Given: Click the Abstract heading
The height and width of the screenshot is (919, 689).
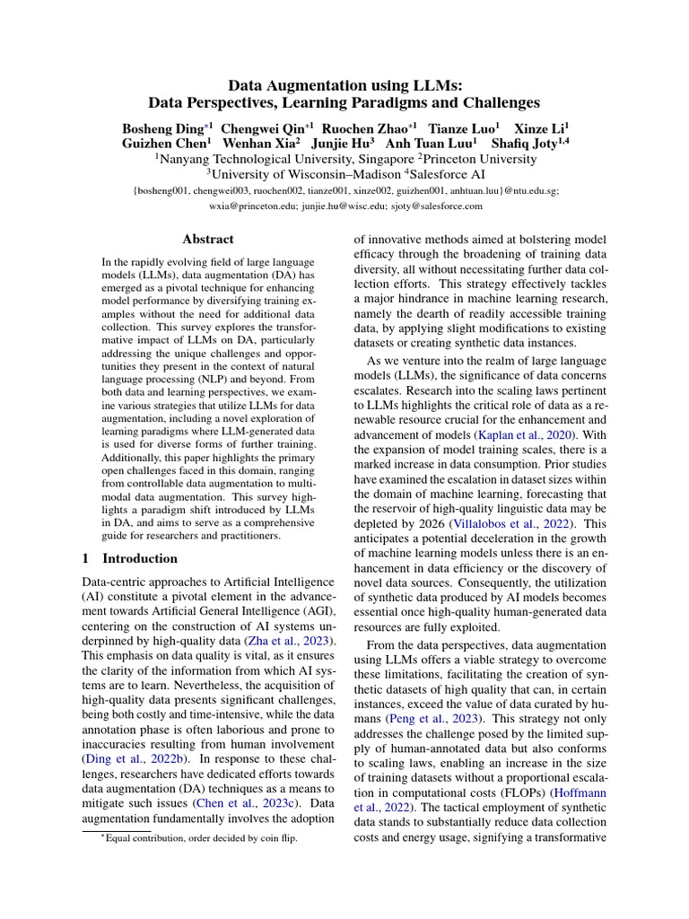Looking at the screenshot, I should [207, 239].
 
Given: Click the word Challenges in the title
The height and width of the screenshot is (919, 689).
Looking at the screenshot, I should [496, 103].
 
